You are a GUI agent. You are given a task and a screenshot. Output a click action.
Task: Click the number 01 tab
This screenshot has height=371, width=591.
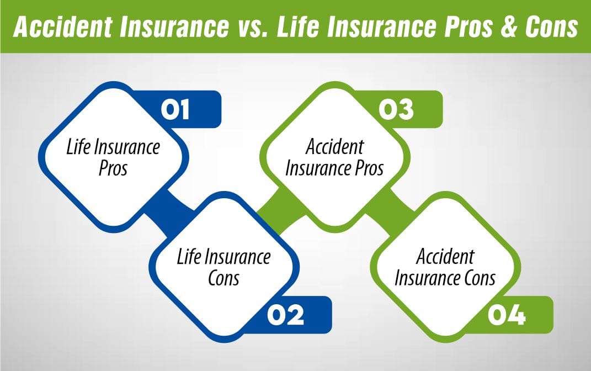click(175, 109)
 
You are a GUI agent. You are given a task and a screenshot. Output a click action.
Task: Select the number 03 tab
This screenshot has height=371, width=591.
click(396, 109)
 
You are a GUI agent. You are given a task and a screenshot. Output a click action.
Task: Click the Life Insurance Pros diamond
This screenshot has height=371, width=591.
click(113, 157)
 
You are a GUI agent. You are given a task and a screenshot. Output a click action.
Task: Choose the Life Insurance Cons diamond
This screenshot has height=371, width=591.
click(223, 267)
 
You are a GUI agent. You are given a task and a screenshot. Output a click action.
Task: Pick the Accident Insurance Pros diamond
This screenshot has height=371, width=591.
click(334, 157)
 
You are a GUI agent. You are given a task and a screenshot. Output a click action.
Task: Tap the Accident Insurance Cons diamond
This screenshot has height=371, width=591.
click(445, 267)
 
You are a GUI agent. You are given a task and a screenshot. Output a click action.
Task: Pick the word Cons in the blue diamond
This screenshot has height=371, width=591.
click(223, 278)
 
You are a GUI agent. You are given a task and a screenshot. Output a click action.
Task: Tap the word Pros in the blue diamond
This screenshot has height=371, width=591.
click(113, 168)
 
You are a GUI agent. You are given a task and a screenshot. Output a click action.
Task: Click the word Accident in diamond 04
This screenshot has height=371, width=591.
click(445, 257)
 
